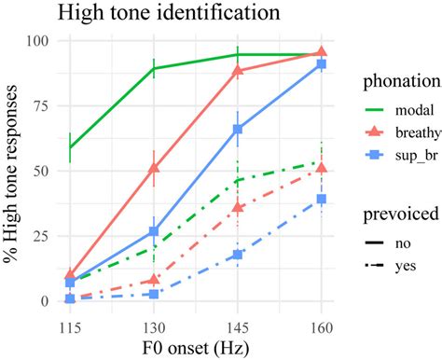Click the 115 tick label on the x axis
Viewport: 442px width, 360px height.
click(x=70, y=320)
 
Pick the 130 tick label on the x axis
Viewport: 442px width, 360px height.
click(x=154, y=320)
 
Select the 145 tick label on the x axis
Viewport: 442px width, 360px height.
click(x=238, y=320)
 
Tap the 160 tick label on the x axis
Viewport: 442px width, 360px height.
click(x=322, y=320)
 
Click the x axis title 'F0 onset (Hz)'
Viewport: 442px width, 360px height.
click(x=196, y=344)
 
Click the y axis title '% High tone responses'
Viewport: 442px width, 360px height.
click(x=13, y=171)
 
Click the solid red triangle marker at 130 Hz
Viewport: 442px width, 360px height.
click(x=154, y=168)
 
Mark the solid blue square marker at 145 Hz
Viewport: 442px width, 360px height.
click(x=238, y=130)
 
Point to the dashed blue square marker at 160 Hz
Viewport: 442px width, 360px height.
click(x=322, y=200)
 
